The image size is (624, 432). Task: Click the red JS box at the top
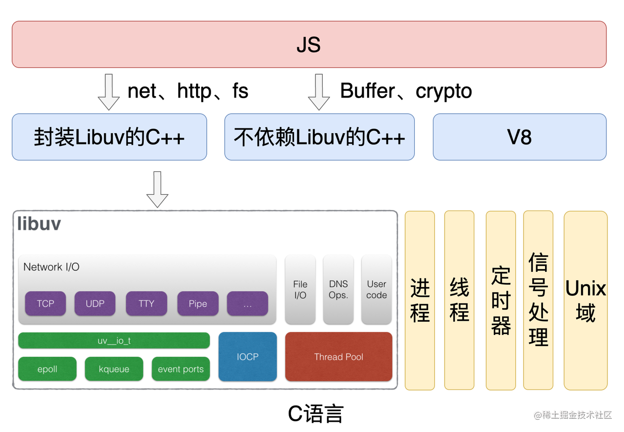[309, 44]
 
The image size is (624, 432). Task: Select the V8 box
[519, 137]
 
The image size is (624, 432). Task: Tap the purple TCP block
[45, 304]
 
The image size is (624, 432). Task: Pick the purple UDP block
[95, 304]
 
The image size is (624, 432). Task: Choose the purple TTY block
[146, 304]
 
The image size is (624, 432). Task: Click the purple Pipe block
[198, 304]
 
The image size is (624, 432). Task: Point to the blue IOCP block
[247, 357]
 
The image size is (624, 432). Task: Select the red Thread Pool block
[338, 357]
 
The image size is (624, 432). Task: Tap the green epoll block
[47, 369]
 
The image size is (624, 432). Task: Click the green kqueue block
[114, 369]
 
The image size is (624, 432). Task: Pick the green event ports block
[180, 369]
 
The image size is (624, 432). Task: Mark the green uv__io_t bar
[114, 341]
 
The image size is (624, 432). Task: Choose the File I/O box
[300, 289]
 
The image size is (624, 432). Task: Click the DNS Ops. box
[338, 289]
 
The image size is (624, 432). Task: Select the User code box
[376, 289]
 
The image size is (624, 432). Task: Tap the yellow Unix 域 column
[585, 300]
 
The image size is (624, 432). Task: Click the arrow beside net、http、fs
[109, 92]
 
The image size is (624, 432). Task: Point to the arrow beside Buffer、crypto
[319, 92]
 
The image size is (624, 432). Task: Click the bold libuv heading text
[39, 224]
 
